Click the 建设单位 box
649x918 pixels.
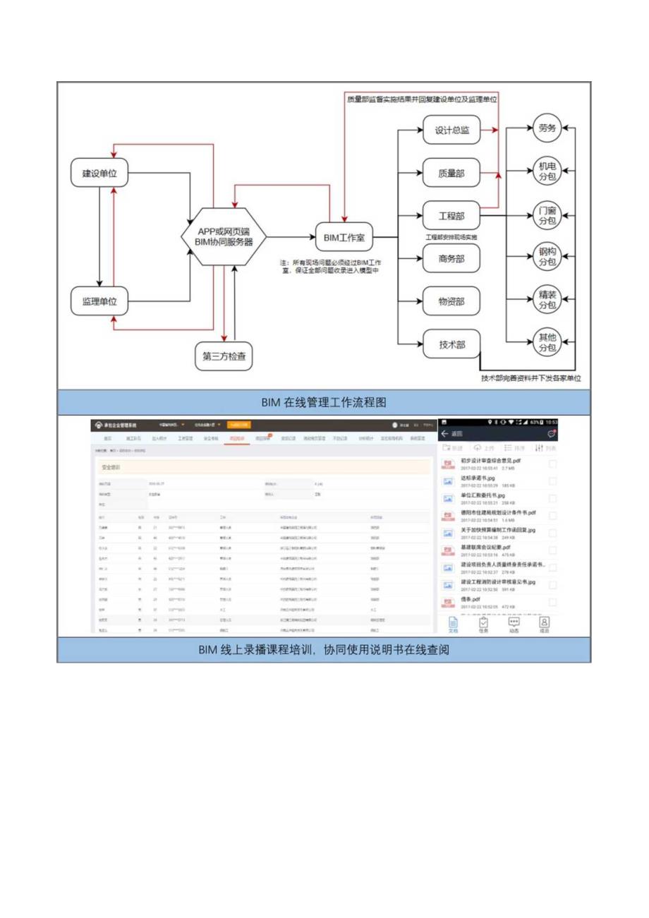100,173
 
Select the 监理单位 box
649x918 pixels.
100,301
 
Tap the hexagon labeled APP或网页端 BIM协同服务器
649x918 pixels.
222,236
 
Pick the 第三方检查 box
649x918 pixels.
223,356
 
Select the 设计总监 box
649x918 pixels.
451,131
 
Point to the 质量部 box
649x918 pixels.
451,173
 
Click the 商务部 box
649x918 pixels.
451,259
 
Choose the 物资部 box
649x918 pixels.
451,301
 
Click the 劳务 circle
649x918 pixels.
547,129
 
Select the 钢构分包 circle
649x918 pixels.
547,258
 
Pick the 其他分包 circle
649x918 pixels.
547,343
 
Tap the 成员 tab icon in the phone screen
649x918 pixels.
544,625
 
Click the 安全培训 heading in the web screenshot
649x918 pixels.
112,466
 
